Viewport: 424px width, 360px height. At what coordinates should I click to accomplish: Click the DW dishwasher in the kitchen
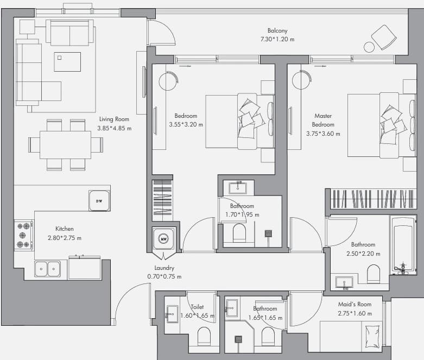(99, 201)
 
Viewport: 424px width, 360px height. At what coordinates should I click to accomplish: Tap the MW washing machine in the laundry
(163, 238)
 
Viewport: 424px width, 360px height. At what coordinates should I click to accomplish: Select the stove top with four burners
(23, 235)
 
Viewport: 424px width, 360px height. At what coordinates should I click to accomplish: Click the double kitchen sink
(47, 269)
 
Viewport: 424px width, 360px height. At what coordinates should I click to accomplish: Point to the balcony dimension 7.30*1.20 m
(277, 39)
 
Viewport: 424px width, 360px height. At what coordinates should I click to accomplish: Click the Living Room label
(114, 119)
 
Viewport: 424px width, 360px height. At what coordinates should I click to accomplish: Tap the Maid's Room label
(355, 304)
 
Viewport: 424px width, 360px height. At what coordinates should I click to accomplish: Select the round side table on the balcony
(369, 47)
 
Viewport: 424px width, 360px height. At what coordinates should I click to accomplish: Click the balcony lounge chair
(384, 37)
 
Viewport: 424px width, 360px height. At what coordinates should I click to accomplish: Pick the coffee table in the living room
(67, 62)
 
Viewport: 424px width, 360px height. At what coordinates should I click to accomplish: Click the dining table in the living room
(66, 145)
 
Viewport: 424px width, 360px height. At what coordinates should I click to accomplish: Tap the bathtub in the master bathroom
(403, 245)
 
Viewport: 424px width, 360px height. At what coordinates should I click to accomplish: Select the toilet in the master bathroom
(374, 274)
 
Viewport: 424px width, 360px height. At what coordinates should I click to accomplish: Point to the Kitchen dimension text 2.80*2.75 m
(65, 238)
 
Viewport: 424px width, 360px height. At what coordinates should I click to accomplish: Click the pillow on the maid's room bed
(372, 337)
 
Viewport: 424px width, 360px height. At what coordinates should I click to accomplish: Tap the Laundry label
(164, 268)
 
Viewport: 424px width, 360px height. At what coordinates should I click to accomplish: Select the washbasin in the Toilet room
(172, 314)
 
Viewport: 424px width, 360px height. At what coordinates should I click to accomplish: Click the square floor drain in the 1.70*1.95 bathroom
(268, 233)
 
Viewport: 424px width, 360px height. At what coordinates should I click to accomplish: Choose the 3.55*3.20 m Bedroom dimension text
(186, 125)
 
